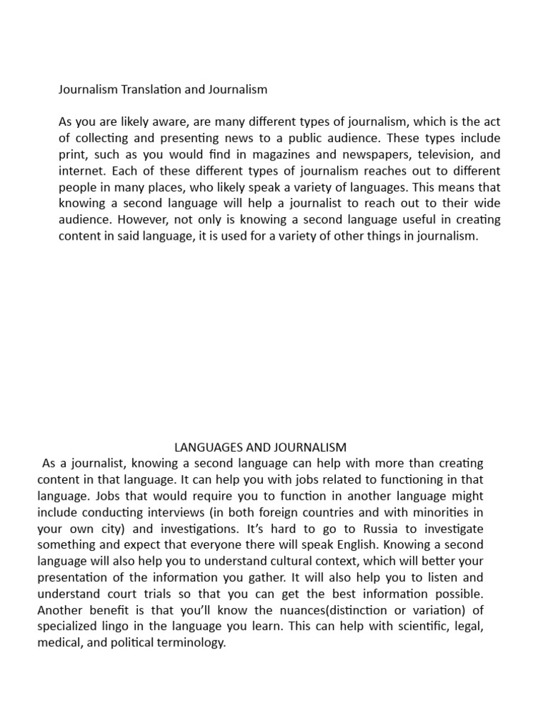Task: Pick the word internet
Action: [x=79, y=171]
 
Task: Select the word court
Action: [x=118, y=593]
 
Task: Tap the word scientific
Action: [x=399, y=626]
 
